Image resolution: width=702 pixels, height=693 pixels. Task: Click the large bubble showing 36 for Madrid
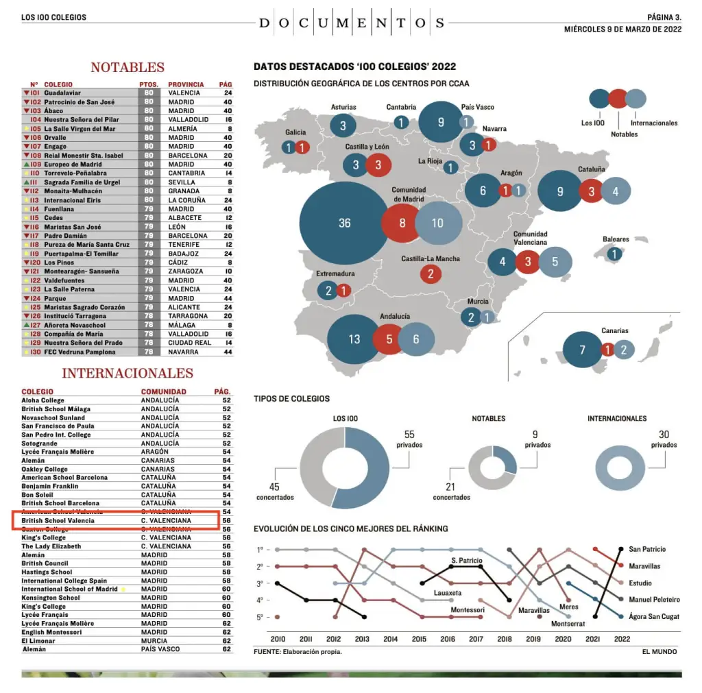pos(344,223)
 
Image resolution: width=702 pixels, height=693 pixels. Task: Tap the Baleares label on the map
pos(616,239)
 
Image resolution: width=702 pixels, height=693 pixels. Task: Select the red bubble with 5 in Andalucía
pos(389,339)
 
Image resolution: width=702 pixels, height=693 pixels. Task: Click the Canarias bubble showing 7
pos(582,350)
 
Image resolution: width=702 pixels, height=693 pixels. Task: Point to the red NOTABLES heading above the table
pos(128,67)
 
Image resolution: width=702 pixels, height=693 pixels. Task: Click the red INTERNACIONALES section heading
pos(128,374)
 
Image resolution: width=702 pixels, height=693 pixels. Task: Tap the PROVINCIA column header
pos(186,84)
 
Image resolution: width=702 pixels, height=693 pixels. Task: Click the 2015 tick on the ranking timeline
pos(419,639)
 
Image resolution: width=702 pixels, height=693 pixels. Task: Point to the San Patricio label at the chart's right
pos(647,549)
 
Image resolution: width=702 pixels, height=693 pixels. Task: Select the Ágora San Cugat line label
pos(654,617)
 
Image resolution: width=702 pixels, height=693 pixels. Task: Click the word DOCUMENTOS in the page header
pos(352,23)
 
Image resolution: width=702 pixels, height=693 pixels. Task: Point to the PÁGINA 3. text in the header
pos(664,16)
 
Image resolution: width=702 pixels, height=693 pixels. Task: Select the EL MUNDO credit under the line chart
pos(659,651)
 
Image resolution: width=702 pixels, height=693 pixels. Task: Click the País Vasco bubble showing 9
pos(441,122)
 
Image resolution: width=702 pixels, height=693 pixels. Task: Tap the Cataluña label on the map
pos(592,169)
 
